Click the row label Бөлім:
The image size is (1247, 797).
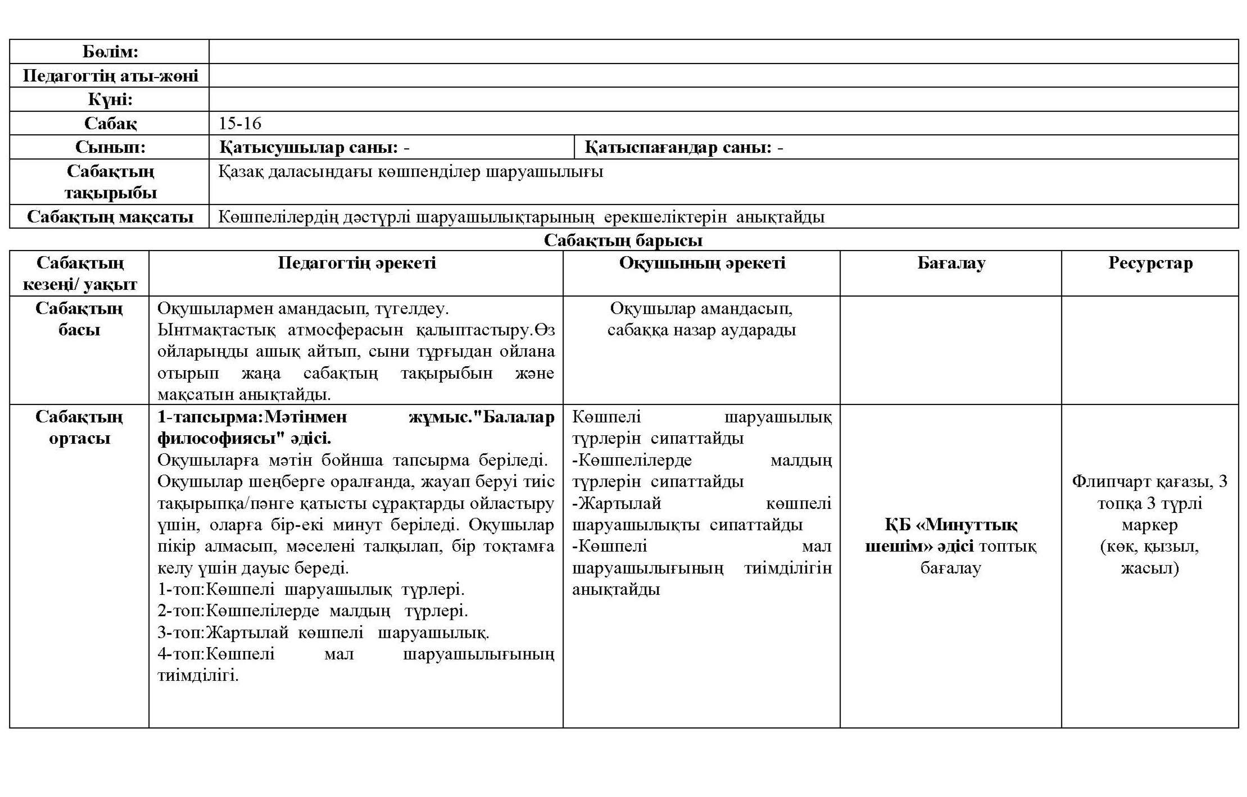pyautogui.click(x=110, y=52)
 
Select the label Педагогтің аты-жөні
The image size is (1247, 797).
pyautogui.click(x=110, y=76)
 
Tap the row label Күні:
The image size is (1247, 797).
pyautogui.click(x=110, y=99)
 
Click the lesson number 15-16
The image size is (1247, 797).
pyautogui.click(x=240, y=124)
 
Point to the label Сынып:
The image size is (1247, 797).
pyautogui.click(x=110, y=147)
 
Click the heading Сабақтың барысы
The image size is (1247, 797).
pyautogui.click(x=623, y=240)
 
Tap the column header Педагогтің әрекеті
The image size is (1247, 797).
pyautogui.click(x=356, y=263)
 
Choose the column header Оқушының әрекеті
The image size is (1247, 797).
pyautogui.click(x=702, y=263)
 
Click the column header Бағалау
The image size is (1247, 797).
pyautogui.click(x=951, y=263)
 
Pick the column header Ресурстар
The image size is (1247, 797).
pyautogui.click(x=1150, y=263)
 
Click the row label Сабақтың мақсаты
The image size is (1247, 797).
pyautogui.click(x=110, y=217)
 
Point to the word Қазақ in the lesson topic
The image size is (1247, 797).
pyautogui.click(x=241, y=171)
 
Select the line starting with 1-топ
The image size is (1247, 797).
pyautogui.click(x=311, y=590)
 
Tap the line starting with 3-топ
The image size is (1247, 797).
pyautogui.click(x=323, y=633)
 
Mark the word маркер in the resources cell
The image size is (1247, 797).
pyautogui.click(x=1150, y=525)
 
